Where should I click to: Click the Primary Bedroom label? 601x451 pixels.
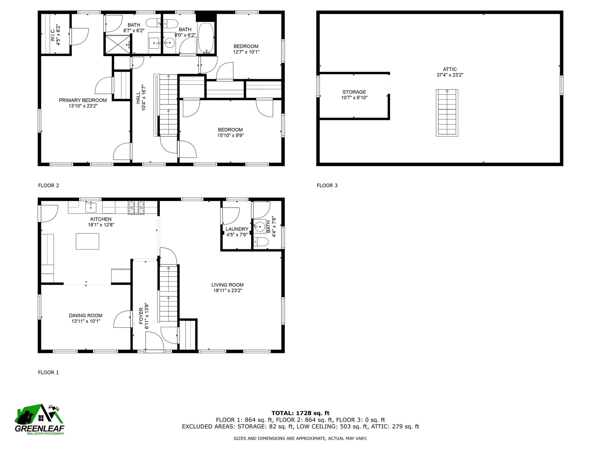[x=83, y=100]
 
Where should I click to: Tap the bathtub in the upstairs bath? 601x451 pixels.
[x=206, y=38]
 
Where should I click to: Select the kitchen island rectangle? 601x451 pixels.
[x=87, y=241]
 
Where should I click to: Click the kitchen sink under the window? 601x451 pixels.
[x=91, y=207]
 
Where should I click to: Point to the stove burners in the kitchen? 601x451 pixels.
[x=136, y=208]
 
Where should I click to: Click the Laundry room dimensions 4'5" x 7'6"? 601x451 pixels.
[x=237, y=235]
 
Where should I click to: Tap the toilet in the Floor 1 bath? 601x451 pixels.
[x=261, y=242]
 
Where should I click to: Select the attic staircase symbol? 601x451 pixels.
[x=447, y=113]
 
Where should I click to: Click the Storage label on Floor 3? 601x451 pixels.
[x=354, y=92]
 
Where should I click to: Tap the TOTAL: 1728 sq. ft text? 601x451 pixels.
[x=300, y=413]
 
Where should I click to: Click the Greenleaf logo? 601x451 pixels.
[x=39, y=419]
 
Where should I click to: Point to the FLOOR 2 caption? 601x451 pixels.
[x=49, y=185]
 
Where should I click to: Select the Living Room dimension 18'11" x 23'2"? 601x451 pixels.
[x=227, y=291]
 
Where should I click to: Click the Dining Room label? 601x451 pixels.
[x=85, y=316]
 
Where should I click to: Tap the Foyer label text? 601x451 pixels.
[x=141, y=316]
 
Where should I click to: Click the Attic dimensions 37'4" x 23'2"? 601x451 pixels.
[x=449, y=75]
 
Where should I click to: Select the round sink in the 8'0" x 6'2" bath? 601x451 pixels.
[x=169, y=43]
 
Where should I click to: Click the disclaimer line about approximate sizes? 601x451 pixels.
[x=300, y=438]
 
